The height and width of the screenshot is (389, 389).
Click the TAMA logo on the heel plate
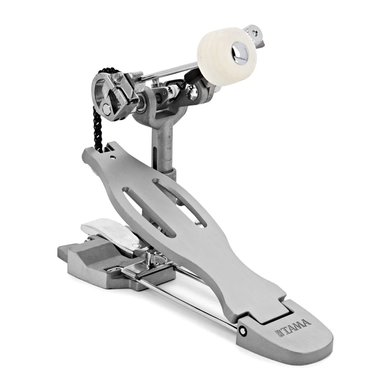tap(293, 328)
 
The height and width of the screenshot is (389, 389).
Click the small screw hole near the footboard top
tap(113, 157)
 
